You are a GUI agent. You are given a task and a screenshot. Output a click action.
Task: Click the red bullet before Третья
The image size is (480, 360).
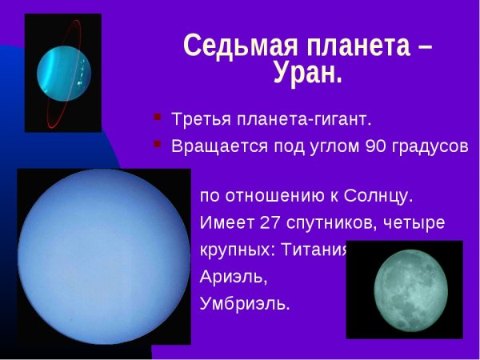pos(157,119)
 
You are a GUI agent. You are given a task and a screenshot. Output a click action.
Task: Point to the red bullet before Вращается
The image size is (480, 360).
pos(157,146)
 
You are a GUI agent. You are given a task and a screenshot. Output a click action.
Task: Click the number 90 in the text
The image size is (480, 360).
pos(375,146)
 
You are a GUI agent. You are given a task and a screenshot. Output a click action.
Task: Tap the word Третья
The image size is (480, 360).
pos(198,120)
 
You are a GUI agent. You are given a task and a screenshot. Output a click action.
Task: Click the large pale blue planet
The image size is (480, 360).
pos(93,254)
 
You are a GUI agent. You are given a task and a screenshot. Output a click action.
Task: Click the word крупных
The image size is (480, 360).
pos(235,250)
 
